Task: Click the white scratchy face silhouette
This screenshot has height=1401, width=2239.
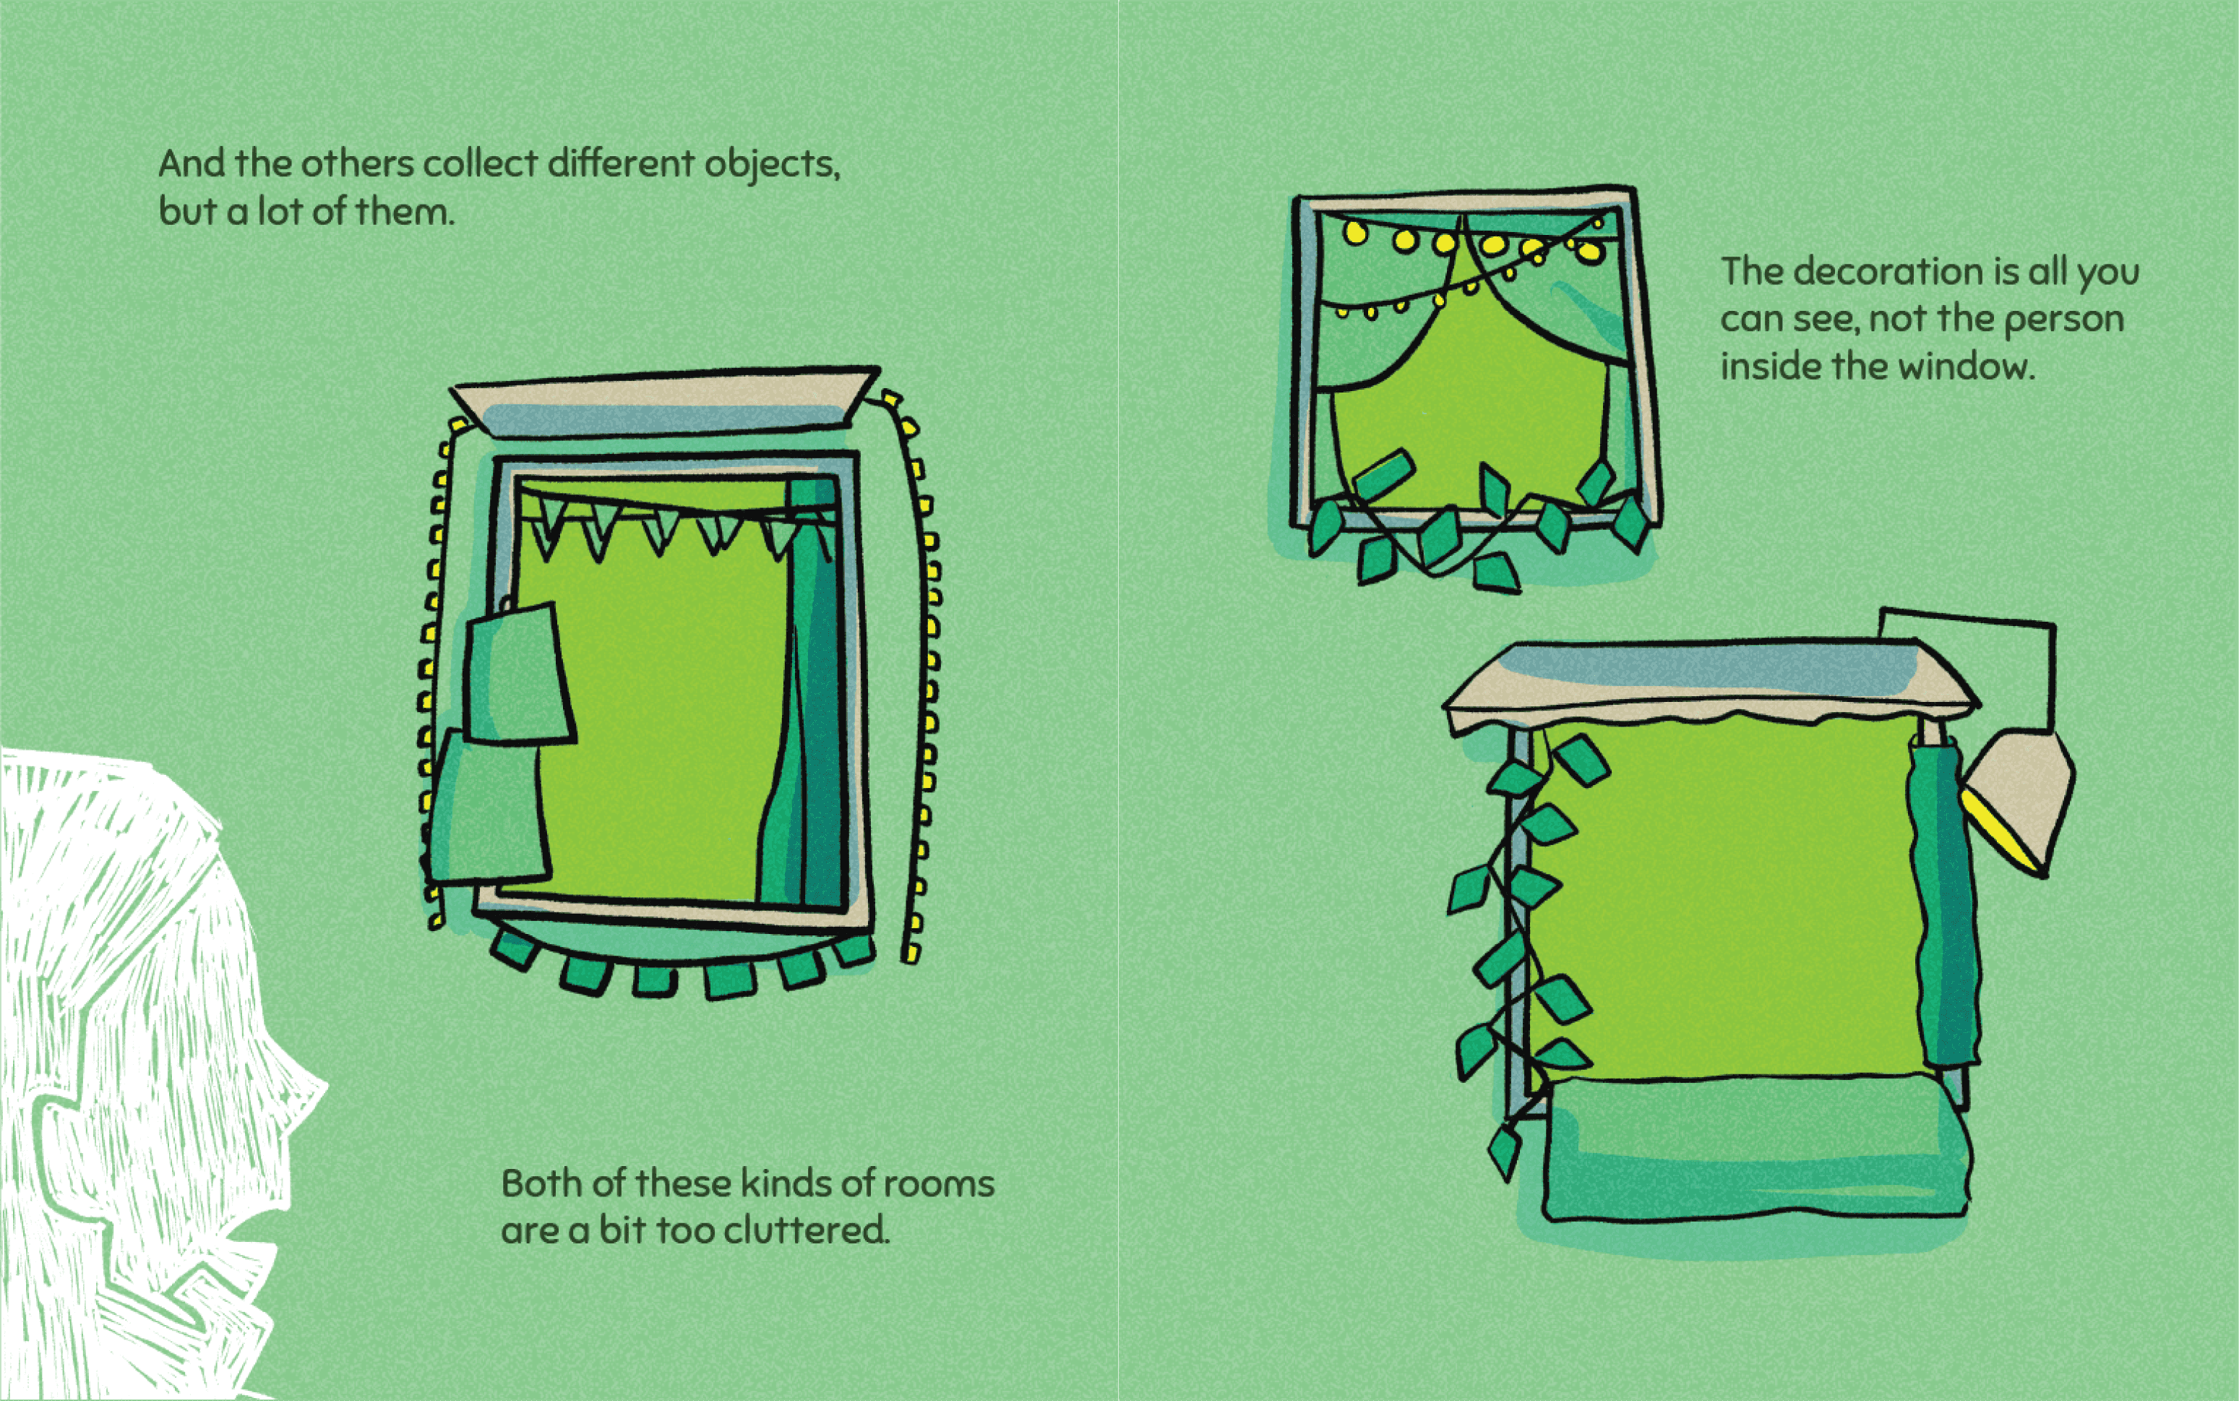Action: pos(139,1066)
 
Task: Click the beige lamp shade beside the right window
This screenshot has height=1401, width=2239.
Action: pos(2019,797)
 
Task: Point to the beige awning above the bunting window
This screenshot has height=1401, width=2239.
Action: pos(665,400)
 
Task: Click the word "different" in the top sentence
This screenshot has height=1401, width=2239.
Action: pos(621,164)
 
